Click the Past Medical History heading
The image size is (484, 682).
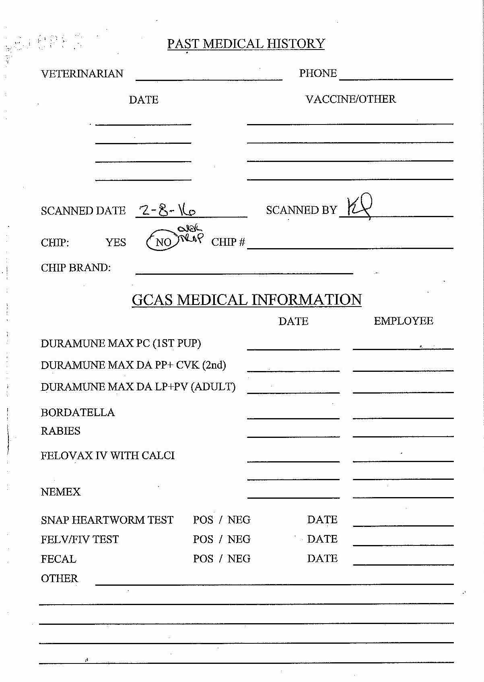[x=246, y=44]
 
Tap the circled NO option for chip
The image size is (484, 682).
[x=163, y=242]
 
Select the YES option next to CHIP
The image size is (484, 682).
[x=115, y=243]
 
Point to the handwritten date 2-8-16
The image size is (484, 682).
[x=167, y=210]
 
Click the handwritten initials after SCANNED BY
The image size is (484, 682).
[x=359, y=207]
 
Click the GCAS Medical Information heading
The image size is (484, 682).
[x=247, y=300]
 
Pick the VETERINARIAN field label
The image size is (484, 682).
[x=82, y=74]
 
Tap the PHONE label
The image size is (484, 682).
[x=317, y=73]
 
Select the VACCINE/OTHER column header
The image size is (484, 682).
[x=350, y=99]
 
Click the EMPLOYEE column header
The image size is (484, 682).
[x=403, y=321]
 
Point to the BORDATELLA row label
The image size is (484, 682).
[x=78, y=413]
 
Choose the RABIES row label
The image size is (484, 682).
[x=61, y=431]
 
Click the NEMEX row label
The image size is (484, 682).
[x=61, y=492]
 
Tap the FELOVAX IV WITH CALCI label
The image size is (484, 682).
[x=108, y=456]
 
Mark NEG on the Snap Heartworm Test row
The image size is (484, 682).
[x=239, y=520]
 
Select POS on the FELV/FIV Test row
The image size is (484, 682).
[x=203, y=539]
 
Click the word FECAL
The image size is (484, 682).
[x=58, y=559]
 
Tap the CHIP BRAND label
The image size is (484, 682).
[x=76, y=268]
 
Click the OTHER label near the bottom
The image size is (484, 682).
[x=59, y=578]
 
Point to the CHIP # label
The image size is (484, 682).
[x=228, y=242]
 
